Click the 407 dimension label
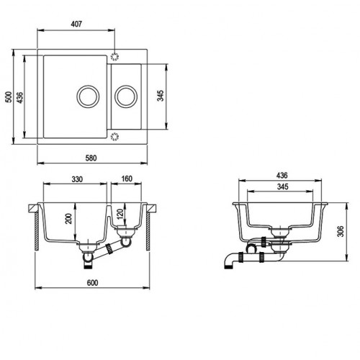[x=76, y=24]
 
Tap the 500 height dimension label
[x=9, y=96]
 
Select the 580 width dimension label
[x=91, y=158]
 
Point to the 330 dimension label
[x=77, y=179]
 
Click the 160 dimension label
[x=127, y=179]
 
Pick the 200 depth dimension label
[x=69, y=219]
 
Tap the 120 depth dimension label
[x=120, y=214]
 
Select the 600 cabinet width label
[x=92, y=283]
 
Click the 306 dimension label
[x=341, y=231]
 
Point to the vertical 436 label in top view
[x=19, y=98]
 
